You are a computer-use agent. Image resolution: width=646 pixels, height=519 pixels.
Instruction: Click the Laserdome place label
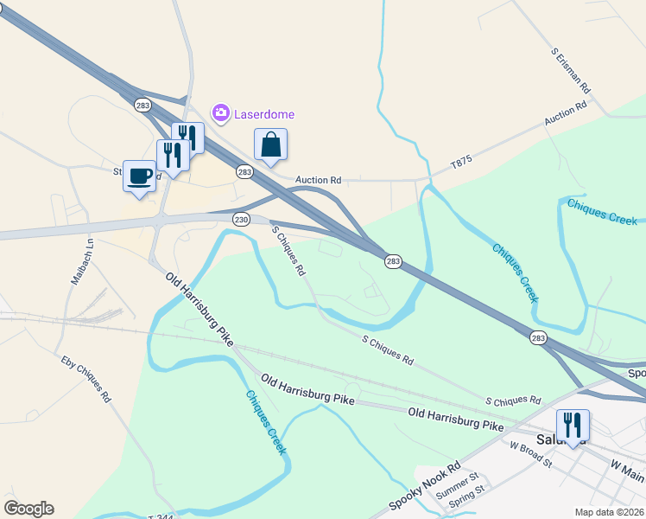[265, 114]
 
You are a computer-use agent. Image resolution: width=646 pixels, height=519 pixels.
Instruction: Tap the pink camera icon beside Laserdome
[221, 113]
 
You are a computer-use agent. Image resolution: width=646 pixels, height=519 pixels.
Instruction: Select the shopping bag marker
[270, 144]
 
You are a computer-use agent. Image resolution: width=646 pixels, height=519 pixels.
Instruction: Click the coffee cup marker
[140, 176]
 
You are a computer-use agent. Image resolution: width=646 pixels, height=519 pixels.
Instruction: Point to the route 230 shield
[241, 220]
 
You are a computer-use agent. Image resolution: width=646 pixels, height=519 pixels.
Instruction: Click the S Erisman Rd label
[571, 70]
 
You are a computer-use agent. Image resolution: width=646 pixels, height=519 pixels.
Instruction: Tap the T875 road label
[463, 162]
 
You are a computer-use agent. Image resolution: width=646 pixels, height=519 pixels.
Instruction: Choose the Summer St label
[457, 486]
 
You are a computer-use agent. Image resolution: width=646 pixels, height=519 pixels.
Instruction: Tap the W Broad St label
[531, 452]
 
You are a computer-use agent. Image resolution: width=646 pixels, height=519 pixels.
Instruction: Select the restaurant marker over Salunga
[573, 426]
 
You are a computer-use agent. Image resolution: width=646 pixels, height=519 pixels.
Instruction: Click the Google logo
[28, 509]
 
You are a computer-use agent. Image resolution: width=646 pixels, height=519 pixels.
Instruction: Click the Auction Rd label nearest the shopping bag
[319, 180]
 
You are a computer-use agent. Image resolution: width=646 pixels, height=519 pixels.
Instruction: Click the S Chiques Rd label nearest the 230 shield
[289, 251]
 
